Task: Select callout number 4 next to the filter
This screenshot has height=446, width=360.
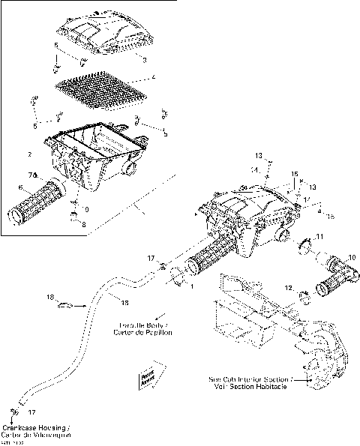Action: pyautogui.click(x=153, y=77)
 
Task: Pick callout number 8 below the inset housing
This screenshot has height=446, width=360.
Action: pyautogui.click(x=83, y=223)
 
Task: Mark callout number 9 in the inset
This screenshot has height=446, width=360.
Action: pyautogui.click(x=85, y=208)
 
